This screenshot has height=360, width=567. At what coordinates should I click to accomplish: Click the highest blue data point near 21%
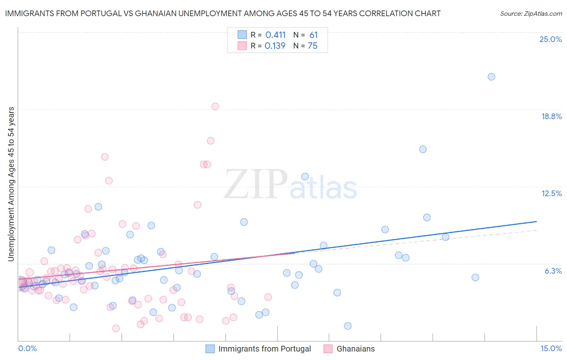click(x=491, y=77)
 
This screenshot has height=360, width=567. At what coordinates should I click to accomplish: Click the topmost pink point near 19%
click(x=215, y=107)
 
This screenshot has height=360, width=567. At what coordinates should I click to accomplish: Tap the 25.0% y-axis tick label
click(x=550, y=39)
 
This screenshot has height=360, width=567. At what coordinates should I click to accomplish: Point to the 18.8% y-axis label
click(x=551, y=116)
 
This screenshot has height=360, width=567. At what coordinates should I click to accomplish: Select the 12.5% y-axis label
click(x=551, y=193)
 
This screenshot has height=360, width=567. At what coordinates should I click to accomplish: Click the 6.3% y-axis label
click(x=553, y=271)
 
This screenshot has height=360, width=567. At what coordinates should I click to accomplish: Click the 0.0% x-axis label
click(x=27, y=348)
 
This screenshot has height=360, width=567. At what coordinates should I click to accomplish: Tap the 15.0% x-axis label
click(x=551, y=348)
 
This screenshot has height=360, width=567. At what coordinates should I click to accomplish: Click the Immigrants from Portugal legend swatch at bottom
click(x=210, y=349)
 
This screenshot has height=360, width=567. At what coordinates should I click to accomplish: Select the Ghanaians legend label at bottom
click(x=355, y=349)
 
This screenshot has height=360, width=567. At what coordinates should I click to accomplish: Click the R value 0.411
click(x=275, y=35)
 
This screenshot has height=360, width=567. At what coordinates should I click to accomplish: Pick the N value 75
click(x=313, y=46)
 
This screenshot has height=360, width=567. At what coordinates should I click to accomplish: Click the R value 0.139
click(x=275, y=46)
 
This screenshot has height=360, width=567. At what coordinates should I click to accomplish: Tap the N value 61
click(x=313, y=35)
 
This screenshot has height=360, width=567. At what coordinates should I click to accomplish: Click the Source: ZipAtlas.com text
click(x=531, y=13)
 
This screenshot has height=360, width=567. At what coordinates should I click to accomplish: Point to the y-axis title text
click(x=11, y=184)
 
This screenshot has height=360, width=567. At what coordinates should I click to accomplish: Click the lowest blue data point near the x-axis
click(x=348, y=326)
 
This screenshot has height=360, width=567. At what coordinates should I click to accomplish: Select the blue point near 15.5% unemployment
click(x=423, y=149)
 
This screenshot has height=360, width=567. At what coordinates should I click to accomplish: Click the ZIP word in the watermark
click(x=256, y=184)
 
